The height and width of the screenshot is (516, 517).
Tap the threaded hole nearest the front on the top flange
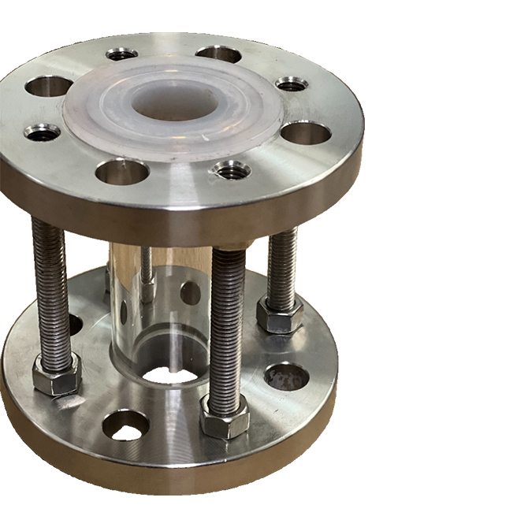pos(232,169)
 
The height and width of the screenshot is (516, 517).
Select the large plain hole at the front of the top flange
pos(122,170)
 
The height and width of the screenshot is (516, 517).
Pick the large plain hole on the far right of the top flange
pos(305,132)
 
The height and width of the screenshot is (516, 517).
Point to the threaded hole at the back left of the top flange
pos(121,54)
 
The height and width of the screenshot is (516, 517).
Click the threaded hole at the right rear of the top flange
pos(292,83)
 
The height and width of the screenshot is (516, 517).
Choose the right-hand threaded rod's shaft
pos(282,264)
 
